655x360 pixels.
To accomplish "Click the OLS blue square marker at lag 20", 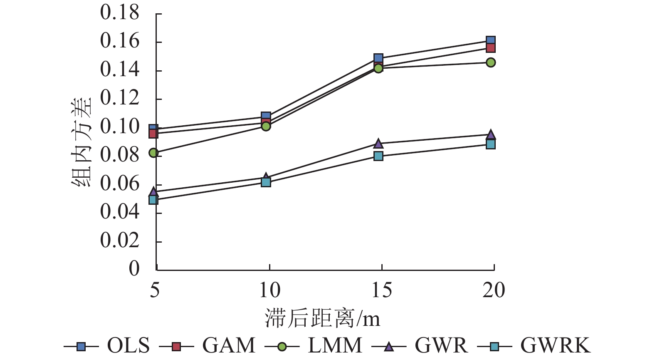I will click(x=491, y=41).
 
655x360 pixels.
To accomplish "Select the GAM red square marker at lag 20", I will click(x=491, y=48).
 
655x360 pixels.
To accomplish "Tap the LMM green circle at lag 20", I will click(x=491, y=62).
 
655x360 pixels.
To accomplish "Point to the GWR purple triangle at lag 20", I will click(x=491, y=134).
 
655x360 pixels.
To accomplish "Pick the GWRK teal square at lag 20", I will click(x=491, y=144).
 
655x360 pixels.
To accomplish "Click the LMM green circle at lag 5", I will click(x=153, y=153).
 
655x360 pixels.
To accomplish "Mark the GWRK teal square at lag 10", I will click(x=266, y=182).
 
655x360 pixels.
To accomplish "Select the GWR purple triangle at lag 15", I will click(x=378, y=144).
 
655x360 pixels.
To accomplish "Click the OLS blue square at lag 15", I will click(x=378, y=58).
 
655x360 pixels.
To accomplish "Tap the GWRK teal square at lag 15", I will click(x=378, y=156).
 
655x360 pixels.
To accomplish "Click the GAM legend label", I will click(x=228, y=345).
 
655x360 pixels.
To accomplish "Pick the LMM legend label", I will click(x=335, y=345).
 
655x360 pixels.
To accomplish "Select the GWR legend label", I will click(x=441, y=345).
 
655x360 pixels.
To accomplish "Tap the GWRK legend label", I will click(x=555, y=345).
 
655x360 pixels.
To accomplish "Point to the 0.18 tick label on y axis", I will click(x=119, y=13).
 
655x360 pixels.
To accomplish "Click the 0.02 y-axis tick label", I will click(x=119, y=241).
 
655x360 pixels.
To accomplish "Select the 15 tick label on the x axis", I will click(x=381, y=290).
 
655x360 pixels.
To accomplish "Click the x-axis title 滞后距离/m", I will click(x=322, y=318).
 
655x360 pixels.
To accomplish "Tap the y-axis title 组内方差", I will click(x=81, y=142).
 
